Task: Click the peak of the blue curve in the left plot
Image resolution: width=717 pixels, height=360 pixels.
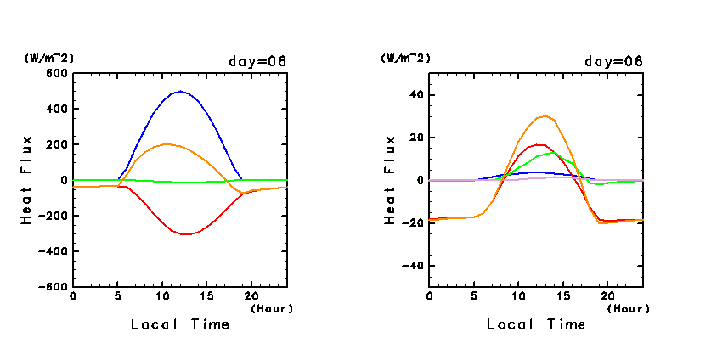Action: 180,91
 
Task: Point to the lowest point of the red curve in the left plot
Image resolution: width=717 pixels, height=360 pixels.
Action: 186,234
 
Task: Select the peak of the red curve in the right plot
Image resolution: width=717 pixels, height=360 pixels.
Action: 539,144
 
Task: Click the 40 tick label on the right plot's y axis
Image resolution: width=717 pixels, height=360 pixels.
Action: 415,95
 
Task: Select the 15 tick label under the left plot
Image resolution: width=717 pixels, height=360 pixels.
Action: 206,295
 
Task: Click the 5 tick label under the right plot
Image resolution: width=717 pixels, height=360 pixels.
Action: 474,295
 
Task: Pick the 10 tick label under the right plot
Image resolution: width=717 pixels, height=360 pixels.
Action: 518,295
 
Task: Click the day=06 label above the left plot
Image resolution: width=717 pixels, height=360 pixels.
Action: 257,61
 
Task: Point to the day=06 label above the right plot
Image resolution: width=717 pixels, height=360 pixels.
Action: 613,61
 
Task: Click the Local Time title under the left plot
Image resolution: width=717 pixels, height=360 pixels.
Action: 180,324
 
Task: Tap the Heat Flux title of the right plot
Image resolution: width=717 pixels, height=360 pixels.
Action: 390,179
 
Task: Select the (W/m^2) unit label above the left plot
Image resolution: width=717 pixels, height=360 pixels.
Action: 49,59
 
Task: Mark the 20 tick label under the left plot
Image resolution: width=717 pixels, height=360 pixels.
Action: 251,295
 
